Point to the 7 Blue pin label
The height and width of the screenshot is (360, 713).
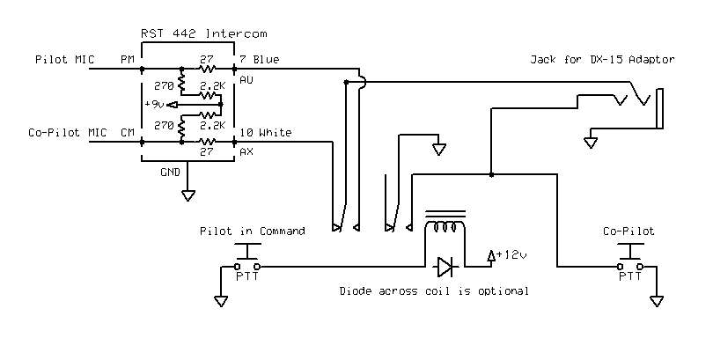[259, 61]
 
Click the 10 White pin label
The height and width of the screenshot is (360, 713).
[264, 133]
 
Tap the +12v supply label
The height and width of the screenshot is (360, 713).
[511, 254]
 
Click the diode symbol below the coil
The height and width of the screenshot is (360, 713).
[445, 264]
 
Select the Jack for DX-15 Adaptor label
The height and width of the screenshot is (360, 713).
[602, 60]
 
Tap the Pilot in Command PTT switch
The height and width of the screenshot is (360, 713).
[248, 262]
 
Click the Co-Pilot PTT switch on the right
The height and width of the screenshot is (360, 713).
[629, 262]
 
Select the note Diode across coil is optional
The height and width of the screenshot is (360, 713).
[434, 290]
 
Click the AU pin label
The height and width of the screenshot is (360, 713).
[246, 78]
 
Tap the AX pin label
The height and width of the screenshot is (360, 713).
[246, 151]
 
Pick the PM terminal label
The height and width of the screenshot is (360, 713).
[128, 61]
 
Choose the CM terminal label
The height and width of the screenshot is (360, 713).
[128, 133]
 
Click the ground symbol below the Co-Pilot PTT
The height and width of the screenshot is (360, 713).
[656, 302]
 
